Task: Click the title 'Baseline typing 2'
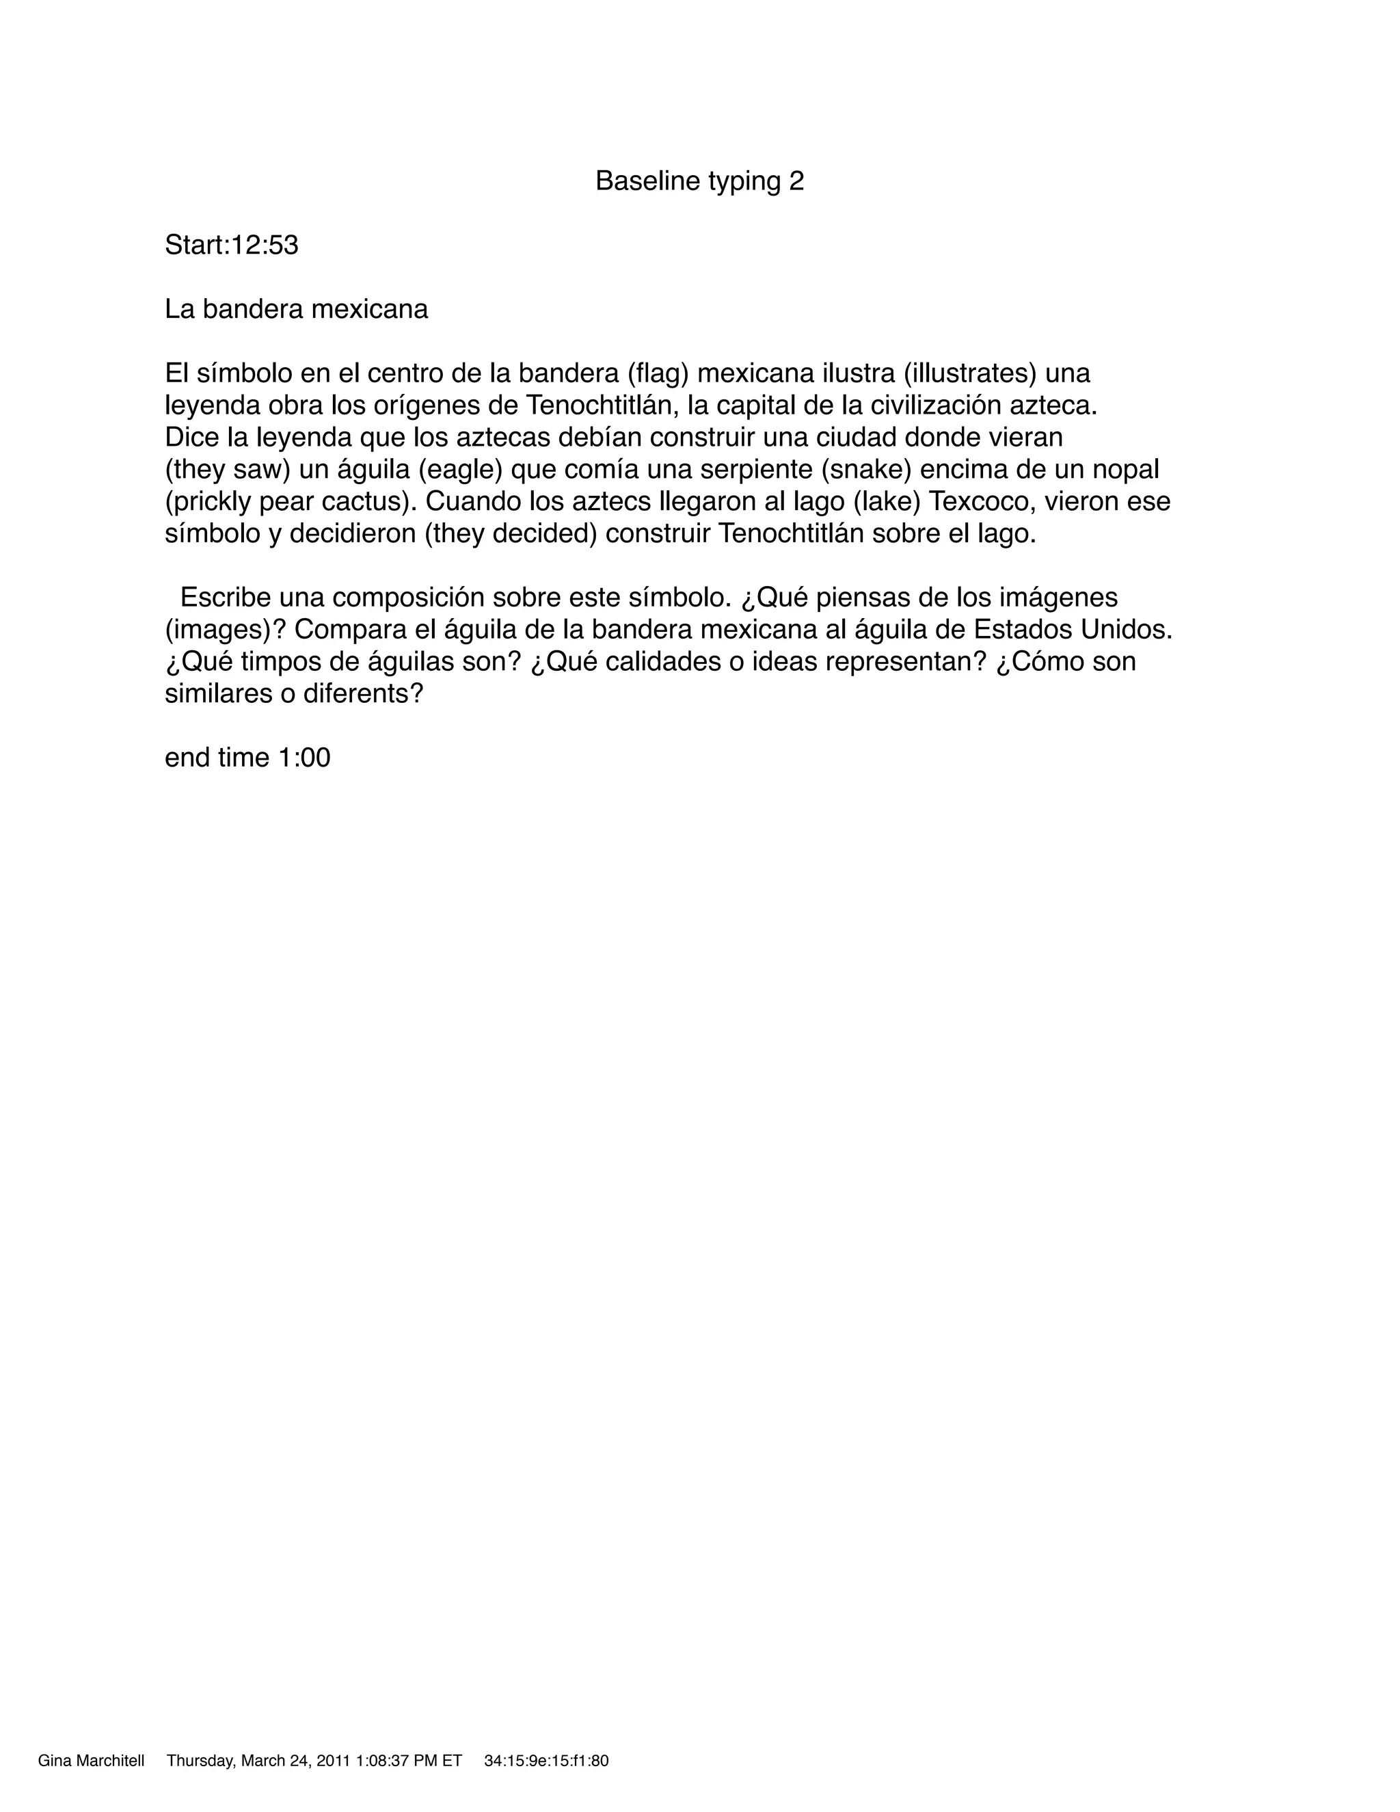(x=699, y=181)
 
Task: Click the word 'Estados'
(x=1021, y=630)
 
